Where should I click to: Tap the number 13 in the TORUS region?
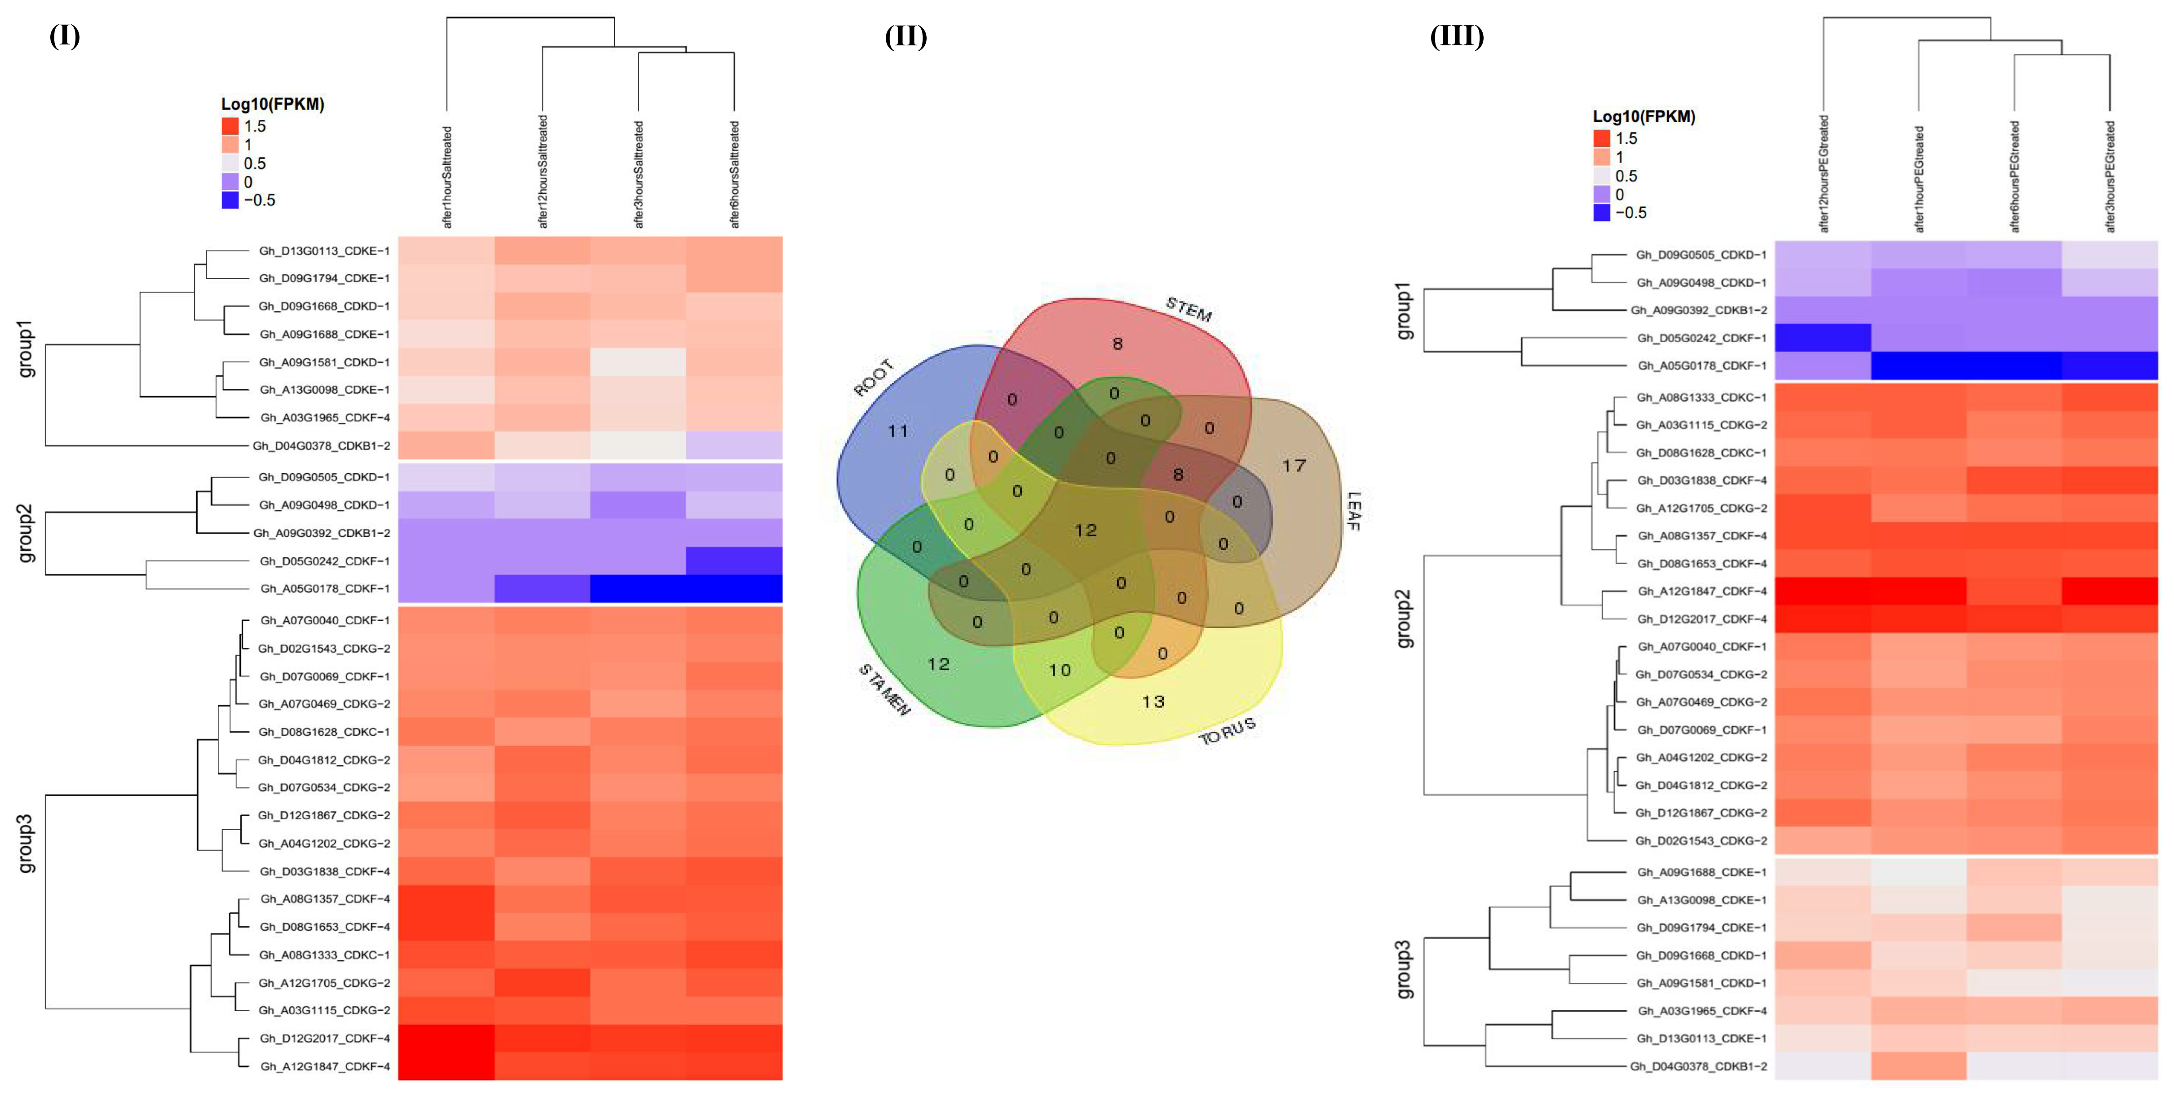[x=1153, y=701]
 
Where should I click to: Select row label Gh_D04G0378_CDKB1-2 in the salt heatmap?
[x=322, y=446]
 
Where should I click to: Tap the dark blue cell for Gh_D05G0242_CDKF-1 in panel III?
[x=1823, y=337]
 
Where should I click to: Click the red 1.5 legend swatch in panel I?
[x=230, y=126]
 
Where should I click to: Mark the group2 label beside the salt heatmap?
[x=26, y=533]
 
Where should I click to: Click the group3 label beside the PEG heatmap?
[x=1404, y=969]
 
